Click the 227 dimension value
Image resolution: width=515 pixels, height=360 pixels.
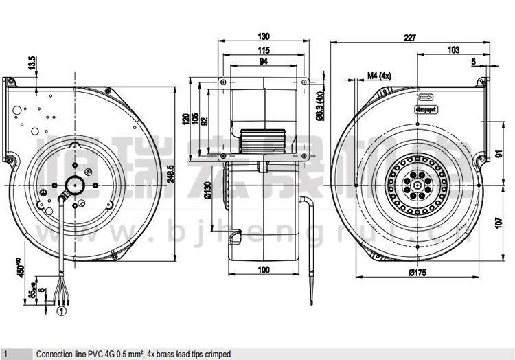pos(410,38)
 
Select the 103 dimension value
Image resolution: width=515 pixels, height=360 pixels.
pos(453,50)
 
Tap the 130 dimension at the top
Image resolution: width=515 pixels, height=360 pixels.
pos(264,36)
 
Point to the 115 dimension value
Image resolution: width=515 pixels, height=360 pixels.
pos(264,50)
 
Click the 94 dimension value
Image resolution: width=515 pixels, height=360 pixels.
pos(264,63)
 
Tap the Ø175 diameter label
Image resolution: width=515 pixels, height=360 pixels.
pos(418,273)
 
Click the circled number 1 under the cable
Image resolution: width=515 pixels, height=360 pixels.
pos(61,311)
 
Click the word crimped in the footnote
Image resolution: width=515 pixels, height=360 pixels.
pos(217,354)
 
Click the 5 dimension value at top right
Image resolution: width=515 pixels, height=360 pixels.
pos(473,63)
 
